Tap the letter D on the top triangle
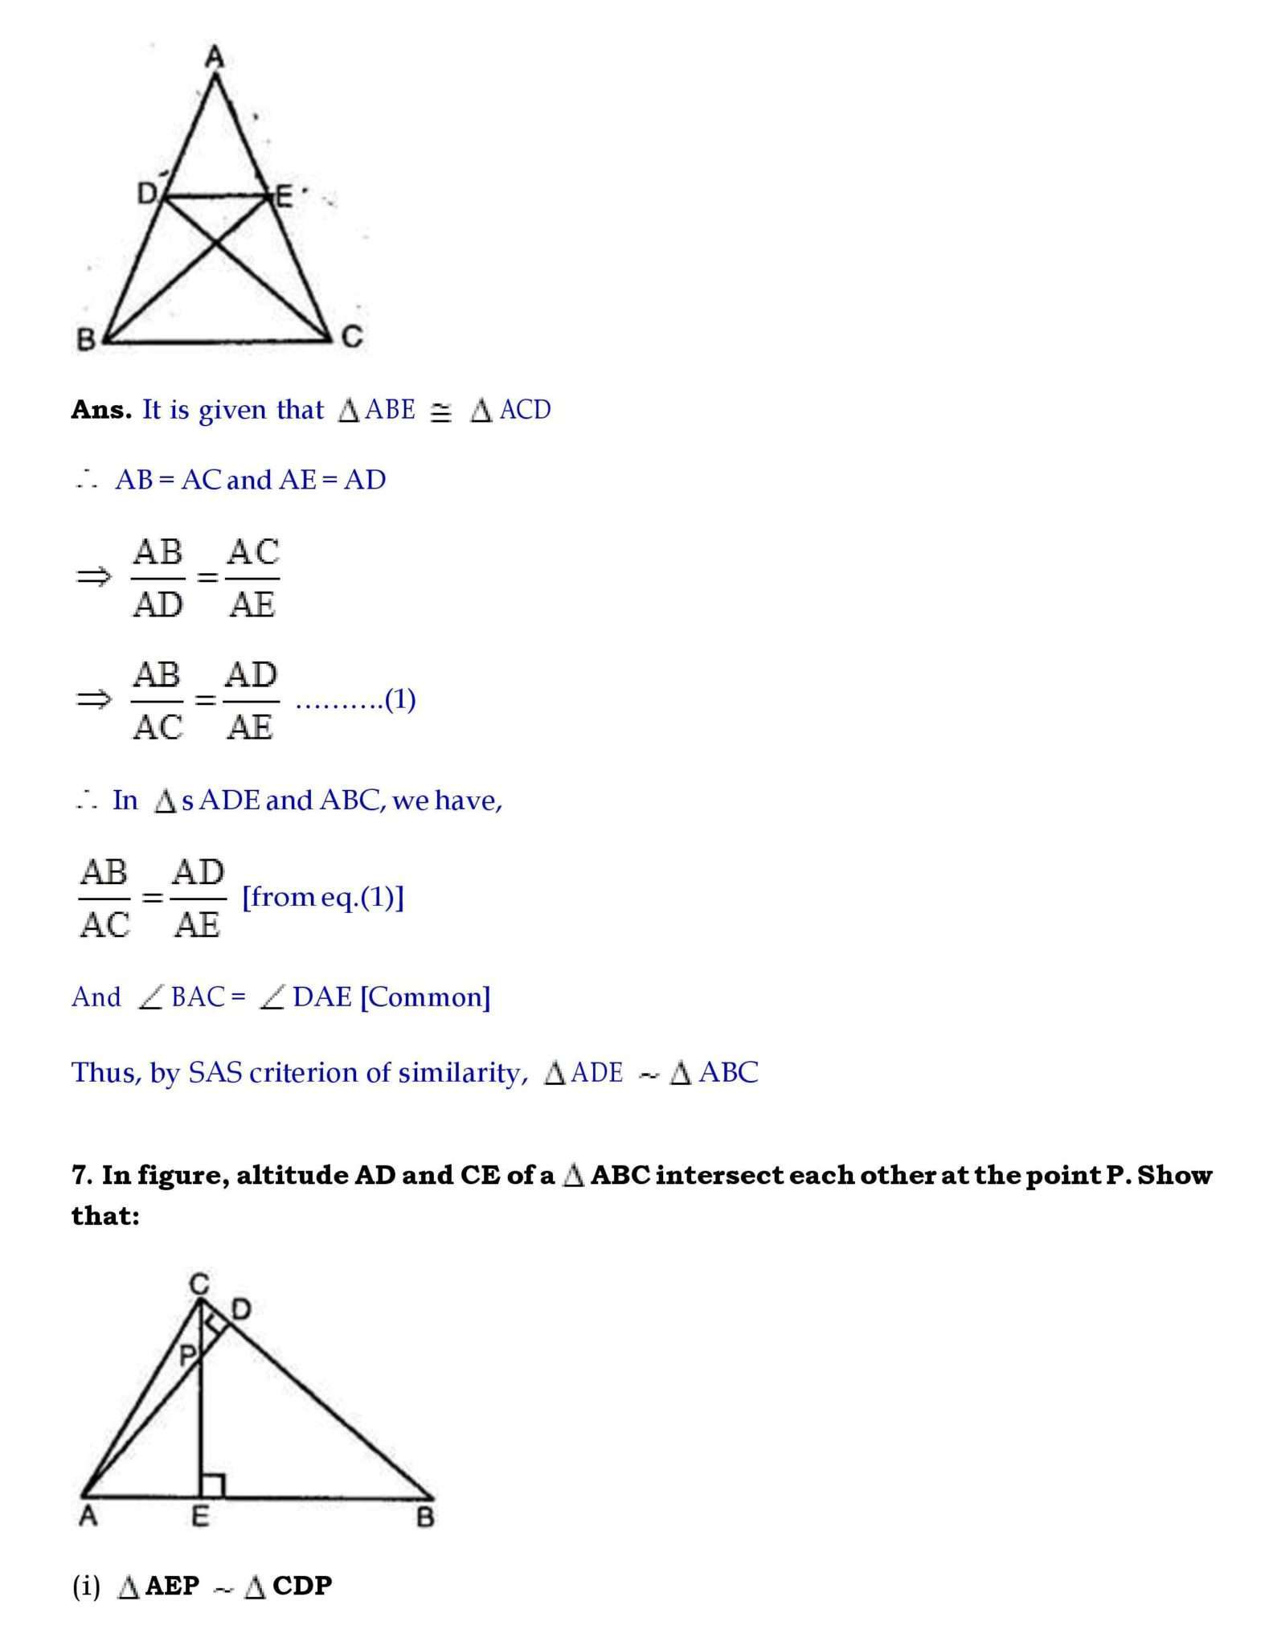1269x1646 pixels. click(147, 194)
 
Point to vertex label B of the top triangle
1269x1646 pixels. click(85, 340)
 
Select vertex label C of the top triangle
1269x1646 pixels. click(353, 337)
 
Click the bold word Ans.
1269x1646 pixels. click(100, 410)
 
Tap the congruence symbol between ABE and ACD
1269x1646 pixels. click(440, 412)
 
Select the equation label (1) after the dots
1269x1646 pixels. click(400, 699)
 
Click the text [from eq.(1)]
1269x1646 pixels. click(323, 897)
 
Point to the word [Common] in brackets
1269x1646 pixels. click(425, 997)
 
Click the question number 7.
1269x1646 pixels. click(82, 1175)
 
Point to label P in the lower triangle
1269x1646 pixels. click(186, 1356)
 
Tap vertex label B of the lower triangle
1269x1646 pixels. click(426, 1517)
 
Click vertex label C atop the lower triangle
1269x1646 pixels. click(199, 1284)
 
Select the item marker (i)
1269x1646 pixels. click(86, 1586)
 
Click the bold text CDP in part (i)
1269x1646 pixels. click(302, 1586)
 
